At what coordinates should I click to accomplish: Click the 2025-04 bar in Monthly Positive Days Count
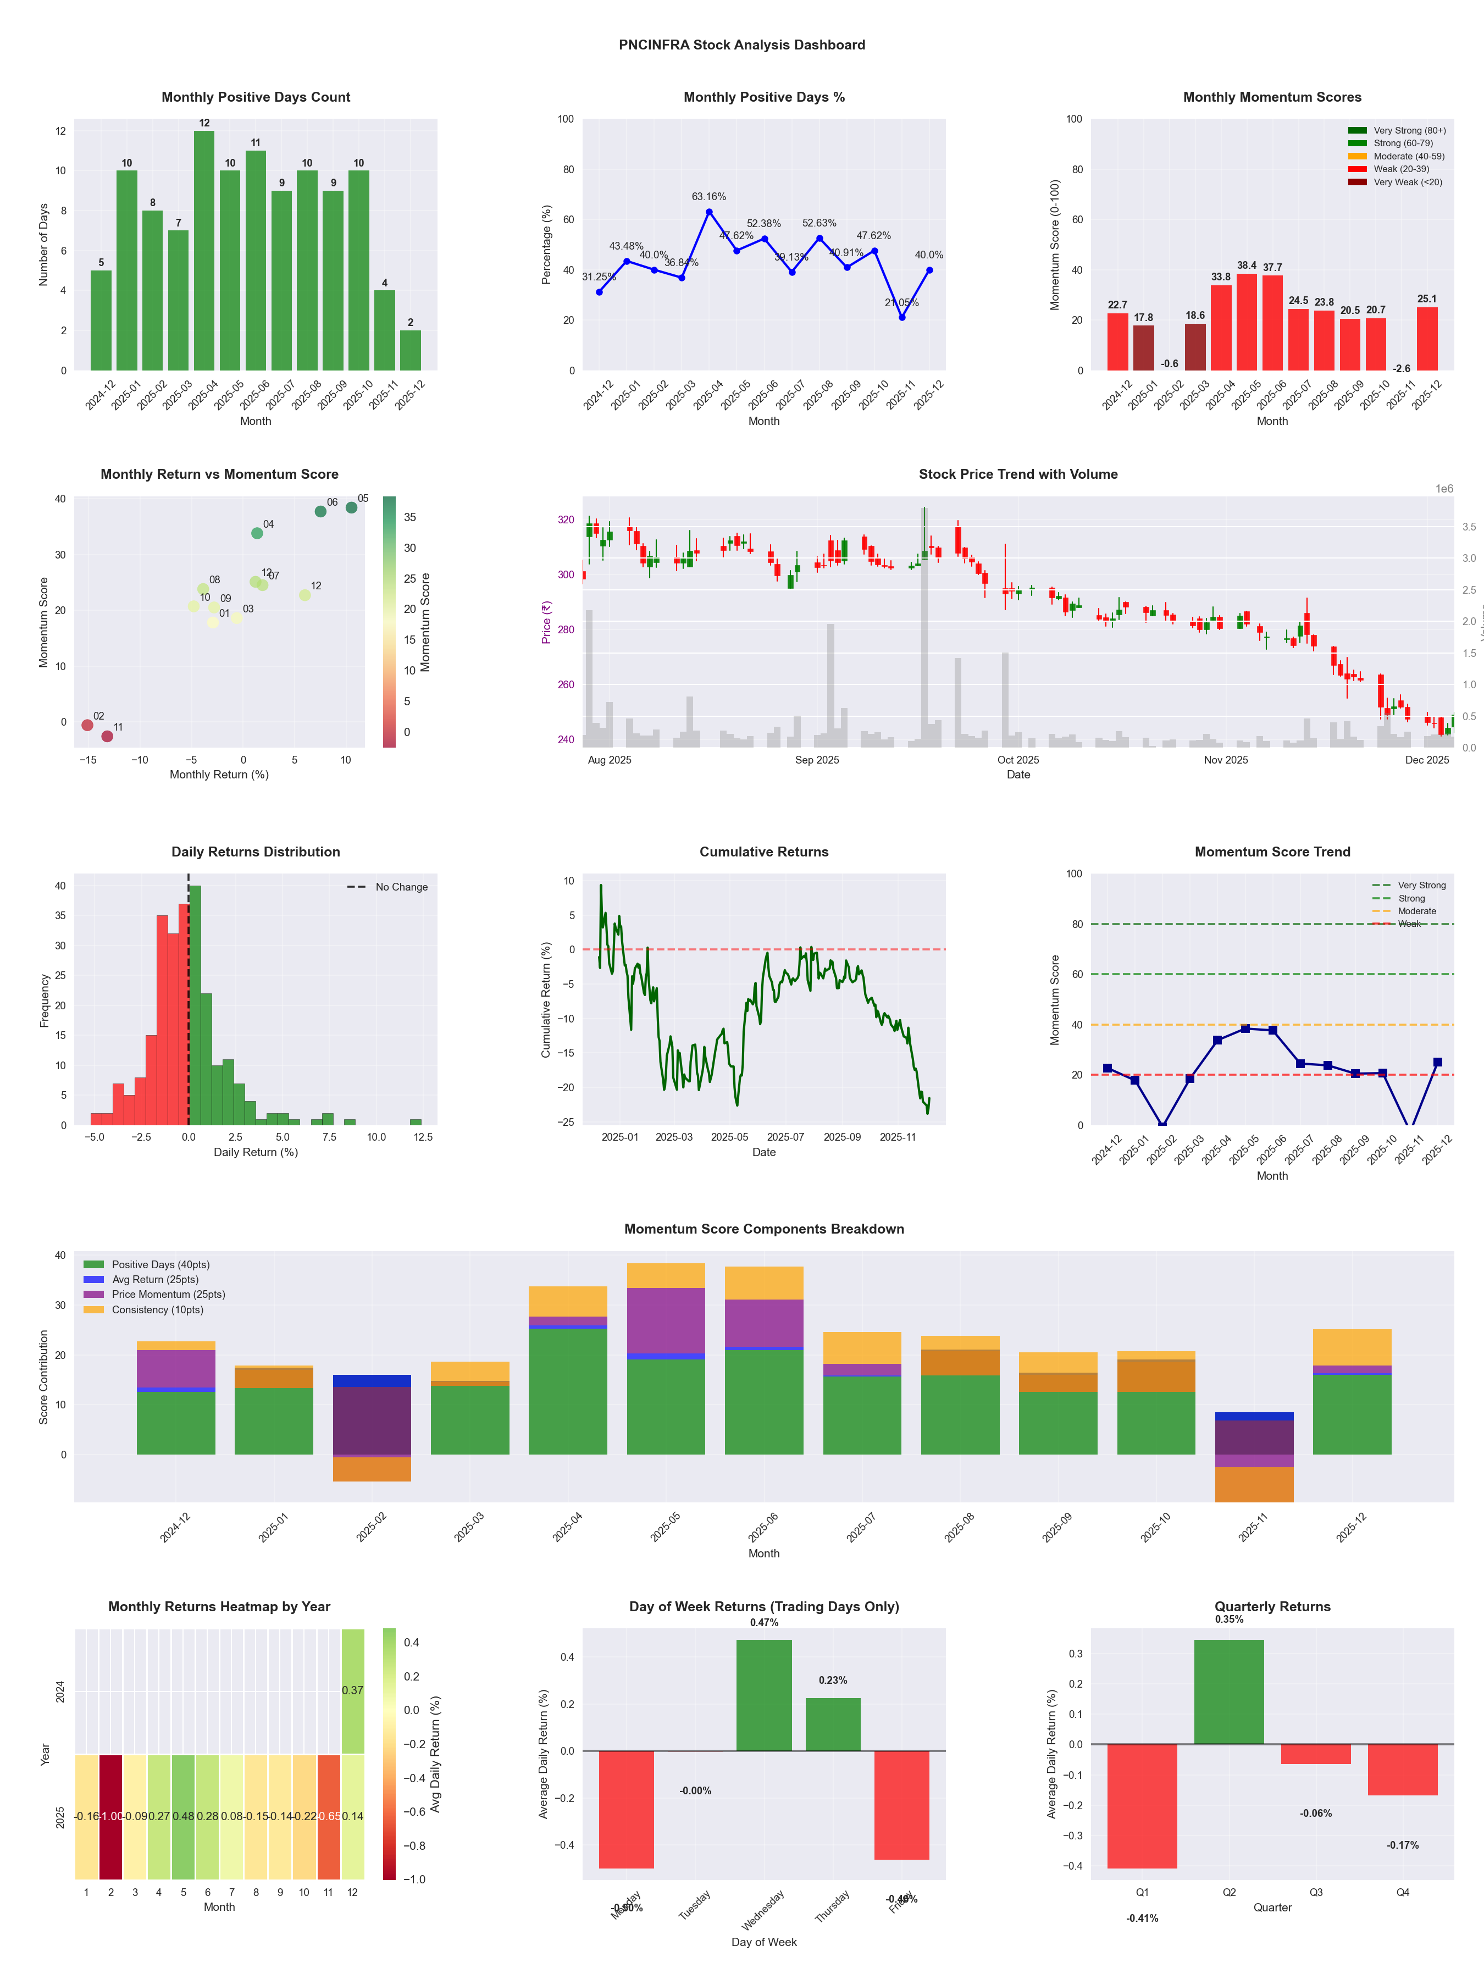coord(204,251)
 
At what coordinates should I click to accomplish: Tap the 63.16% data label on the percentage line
coord(708,197)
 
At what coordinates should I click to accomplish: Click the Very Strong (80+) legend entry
coord(1409,131)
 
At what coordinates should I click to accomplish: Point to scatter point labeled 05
coord(352,507)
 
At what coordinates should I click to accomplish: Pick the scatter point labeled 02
coord(87,725)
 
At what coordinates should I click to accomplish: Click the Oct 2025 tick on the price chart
coord(1018,760)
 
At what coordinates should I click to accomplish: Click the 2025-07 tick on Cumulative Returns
coord(785,1137)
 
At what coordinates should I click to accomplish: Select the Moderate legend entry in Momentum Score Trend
coord(1416,911)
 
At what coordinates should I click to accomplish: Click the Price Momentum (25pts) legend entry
coord(168,1295)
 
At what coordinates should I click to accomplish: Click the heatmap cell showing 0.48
coord(184,1816)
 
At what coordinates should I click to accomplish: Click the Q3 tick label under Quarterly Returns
coord(1316,1892)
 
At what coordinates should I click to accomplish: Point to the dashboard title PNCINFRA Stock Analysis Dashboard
coord(741,45)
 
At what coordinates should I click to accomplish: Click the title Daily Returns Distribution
coord(256,852)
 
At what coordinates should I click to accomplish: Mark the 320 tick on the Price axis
coord(566,520)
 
